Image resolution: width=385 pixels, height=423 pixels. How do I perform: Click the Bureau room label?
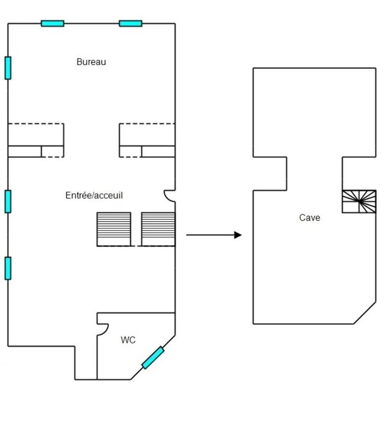91,62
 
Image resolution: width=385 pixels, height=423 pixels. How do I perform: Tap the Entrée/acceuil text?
94,196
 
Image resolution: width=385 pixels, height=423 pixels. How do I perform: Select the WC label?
128,340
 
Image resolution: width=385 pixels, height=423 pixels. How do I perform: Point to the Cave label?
309,217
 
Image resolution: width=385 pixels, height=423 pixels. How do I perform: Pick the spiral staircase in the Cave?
359,201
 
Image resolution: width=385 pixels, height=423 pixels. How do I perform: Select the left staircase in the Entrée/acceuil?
113,229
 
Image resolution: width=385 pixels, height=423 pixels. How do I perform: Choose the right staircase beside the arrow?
158,229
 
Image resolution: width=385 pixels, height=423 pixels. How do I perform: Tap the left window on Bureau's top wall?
52,23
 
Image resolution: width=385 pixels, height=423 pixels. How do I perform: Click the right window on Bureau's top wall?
130,23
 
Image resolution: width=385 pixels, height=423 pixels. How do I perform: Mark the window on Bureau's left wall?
8,68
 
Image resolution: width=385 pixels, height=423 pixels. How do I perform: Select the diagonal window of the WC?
153,357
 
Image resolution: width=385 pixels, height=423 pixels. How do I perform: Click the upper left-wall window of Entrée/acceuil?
8,201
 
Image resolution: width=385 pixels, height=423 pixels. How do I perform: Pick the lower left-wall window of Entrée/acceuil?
8,268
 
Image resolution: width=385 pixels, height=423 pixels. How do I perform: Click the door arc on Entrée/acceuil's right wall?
169,196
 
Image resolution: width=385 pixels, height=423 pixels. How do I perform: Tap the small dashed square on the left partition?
52,151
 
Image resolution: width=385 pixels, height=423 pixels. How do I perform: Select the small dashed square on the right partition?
130,151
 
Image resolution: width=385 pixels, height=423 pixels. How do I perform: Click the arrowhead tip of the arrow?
241,235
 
